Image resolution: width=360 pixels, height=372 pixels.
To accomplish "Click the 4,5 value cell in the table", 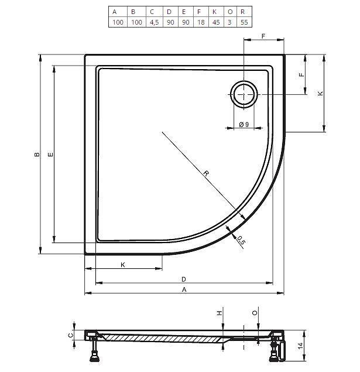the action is pyautogui.click(x=154, y=22).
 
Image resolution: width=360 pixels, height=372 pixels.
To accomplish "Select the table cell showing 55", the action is pyautogui.click(x=244, y=22).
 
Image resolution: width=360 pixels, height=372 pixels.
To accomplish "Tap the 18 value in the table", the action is pyautogui.click(x=201, y=22).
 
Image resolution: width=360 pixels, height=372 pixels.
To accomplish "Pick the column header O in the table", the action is pyautogui.click(x=230, y=12).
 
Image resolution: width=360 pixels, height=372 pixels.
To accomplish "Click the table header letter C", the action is pyautogui.click(x=152, y=12).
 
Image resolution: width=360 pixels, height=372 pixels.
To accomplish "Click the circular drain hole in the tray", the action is pyautogui.click(x=244, y=94).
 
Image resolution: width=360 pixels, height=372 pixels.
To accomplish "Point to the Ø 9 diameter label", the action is pyautogui.click(x=244, y=124).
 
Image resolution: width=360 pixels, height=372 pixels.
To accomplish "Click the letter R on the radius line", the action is pyautogui.click(x=206, y=173).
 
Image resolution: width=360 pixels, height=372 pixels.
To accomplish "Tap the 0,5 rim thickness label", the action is pyautogui.click(x=241, y=240).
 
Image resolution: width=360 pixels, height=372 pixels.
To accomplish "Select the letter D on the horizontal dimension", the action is pyautogui.click(x=184, y=279).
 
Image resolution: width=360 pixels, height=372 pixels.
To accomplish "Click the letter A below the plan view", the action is pyautogui.click(x=184, y=289).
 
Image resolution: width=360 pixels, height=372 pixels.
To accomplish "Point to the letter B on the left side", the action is pyautogui.click(x=37, y=155).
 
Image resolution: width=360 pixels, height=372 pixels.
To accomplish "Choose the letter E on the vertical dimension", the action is pyautogui.click(x=51, y=155).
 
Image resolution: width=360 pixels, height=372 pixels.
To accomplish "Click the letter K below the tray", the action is pyautogui.click(x=123, y=265).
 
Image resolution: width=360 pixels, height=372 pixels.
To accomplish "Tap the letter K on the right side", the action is pyautogui.click(x=320, y=94).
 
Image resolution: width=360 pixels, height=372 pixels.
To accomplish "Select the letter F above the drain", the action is pyautogui.click(x=263, y=36).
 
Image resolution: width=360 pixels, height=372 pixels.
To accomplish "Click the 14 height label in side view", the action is pyautogui.click(x=300, y=346).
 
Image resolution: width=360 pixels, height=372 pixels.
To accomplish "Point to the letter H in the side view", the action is pyautogui.click(x=220, y=313).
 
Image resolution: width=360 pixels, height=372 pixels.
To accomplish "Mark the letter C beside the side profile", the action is pyautogui.click(x=71, y=335).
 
